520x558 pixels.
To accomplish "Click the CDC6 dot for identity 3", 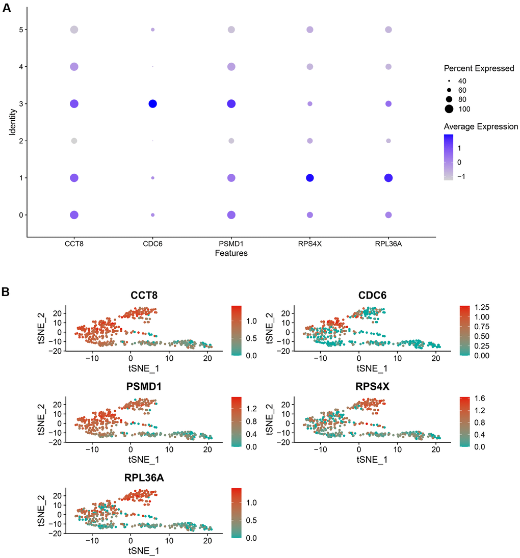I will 152,104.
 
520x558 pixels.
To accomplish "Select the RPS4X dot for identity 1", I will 309,178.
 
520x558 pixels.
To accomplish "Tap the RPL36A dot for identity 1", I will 388,178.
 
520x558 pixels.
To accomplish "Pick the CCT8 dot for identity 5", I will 74,30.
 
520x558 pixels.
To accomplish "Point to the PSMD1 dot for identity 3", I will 231,104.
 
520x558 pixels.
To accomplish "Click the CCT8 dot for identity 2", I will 74,141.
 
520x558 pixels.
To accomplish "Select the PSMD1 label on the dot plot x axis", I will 231,244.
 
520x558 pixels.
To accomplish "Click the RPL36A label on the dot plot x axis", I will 388,244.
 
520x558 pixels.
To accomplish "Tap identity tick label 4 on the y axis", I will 20,67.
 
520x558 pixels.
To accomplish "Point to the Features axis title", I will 231,253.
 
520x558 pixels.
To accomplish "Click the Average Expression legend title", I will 481,126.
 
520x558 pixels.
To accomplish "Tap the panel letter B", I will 6,293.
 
